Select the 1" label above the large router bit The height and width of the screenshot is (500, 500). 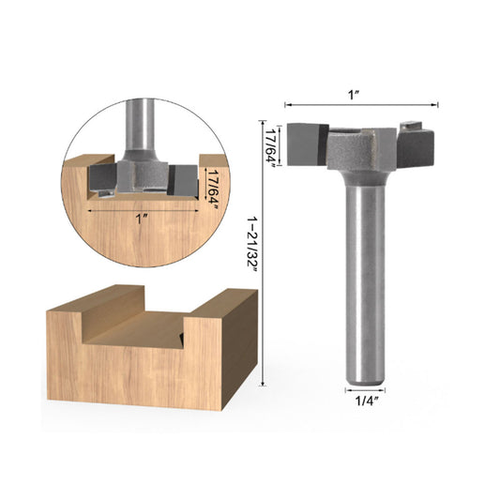(361, 94)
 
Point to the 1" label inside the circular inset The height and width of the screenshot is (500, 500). (142, 219)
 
